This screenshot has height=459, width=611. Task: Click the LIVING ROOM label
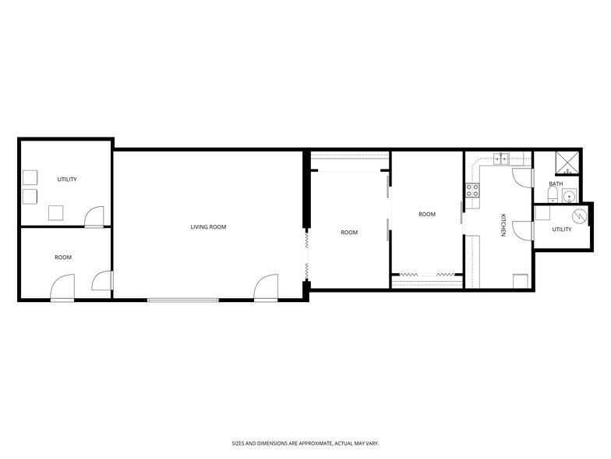tap(208, 227)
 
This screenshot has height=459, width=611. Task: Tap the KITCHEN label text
tap(503, 226)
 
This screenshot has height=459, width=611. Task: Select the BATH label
tap(556, 184)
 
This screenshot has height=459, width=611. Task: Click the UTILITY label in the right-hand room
tap(561, 229)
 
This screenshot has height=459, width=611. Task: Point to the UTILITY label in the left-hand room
tap(67, 180)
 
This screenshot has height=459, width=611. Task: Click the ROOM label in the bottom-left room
tap(63, 258)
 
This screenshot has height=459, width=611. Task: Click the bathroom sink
tap(570, 196)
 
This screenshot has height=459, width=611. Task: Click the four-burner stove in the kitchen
tap(472, 190)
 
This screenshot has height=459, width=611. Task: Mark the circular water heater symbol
tap(578, 215)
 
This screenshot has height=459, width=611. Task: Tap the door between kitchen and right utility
tap(523, 231)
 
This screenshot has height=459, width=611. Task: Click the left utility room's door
tap(94, 216)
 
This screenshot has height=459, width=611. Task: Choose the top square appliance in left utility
tap(30, 176)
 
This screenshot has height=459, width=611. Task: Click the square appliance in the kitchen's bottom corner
tap(520, 282)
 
